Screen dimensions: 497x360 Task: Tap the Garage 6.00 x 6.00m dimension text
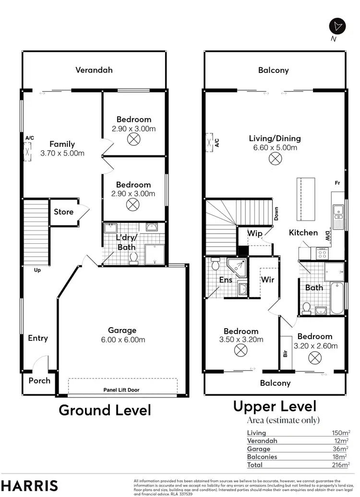pyautogui.click(x=122, y=340)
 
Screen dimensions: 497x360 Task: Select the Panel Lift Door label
pyautogui.click(x=121, y=390)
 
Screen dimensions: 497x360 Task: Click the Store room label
pyautogui.click(x=63, y=212)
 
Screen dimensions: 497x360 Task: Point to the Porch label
pyautogui.click(x=39, y=380)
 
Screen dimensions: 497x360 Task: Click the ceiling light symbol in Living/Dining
pyautogui.click(x=275, y=159)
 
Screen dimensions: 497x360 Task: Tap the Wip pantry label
pyautogui.click(x=254, y=233)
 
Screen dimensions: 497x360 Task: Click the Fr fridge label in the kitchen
pyautogui.click(x=337, y=183)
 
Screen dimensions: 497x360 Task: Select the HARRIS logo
pyautogui.click(x=30, y=485)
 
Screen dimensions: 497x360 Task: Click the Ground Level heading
pyautogui.click(x=105, y=410)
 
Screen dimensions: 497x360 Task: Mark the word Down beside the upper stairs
pyautogui.click(x=276, y=214)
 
